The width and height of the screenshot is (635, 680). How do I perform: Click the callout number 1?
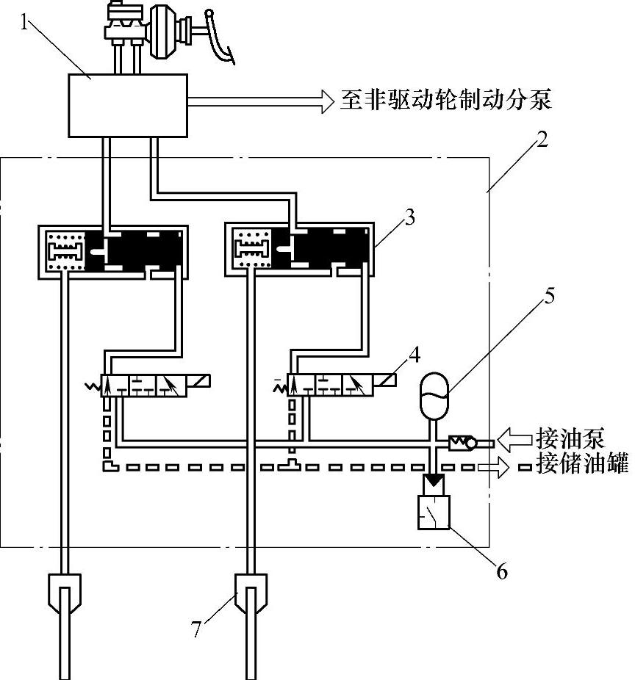point(25,22)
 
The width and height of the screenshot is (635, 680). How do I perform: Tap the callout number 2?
point(542,140)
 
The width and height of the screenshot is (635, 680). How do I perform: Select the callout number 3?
point(409,217)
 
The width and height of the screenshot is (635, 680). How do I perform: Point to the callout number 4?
point(415,355)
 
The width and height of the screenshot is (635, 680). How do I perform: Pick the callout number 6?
point(501,571)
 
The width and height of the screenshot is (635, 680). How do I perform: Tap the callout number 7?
point(196,629)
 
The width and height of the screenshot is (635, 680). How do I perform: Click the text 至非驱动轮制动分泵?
point(445,100)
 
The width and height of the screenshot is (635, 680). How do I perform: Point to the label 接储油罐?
point(582,463)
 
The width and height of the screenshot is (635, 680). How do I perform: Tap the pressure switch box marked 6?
point(434,512)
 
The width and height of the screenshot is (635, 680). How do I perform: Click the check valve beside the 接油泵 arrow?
point(463,443)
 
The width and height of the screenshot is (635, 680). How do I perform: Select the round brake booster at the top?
point(163,32)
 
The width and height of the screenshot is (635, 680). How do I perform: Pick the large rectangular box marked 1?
point(128,106)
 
